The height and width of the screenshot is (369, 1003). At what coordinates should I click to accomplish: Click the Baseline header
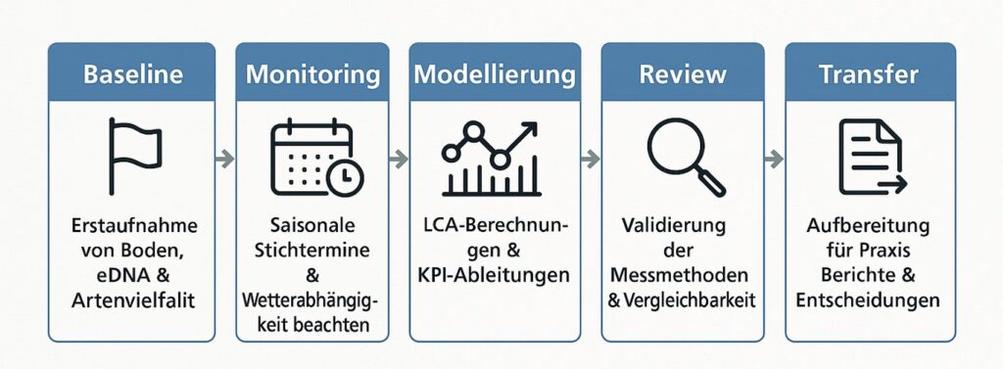click(x=131, y=73)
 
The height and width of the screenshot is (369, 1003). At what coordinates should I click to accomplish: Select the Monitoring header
click(x=312, y=73)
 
